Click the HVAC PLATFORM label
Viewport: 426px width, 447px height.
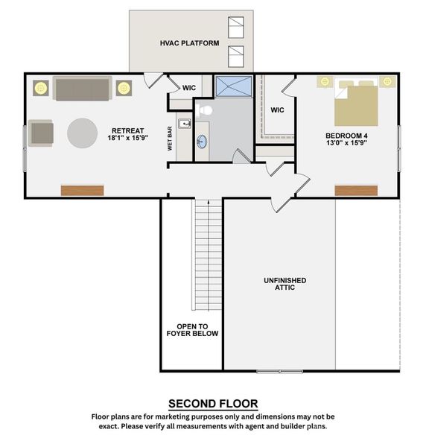189,43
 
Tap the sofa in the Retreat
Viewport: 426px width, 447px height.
81,89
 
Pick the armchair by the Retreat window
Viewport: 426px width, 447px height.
42,134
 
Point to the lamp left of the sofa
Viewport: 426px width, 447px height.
39,88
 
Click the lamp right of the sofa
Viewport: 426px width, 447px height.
123,88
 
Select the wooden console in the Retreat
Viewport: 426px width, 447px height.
82,190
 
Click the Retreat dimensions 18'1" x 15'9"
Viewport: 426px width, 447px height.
128,138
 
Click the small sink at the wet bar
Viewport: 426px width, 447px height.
185,124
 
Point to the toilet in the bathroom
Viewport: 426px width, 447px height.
206,110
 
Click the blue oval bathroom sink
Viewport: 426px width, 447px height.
202,141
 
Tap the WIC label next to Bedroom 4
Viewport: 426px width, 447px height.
277,110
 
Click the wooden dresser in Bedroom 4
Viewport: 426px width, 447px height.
352,191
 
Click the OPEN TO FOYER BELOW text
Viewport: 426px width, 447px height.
192,330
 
